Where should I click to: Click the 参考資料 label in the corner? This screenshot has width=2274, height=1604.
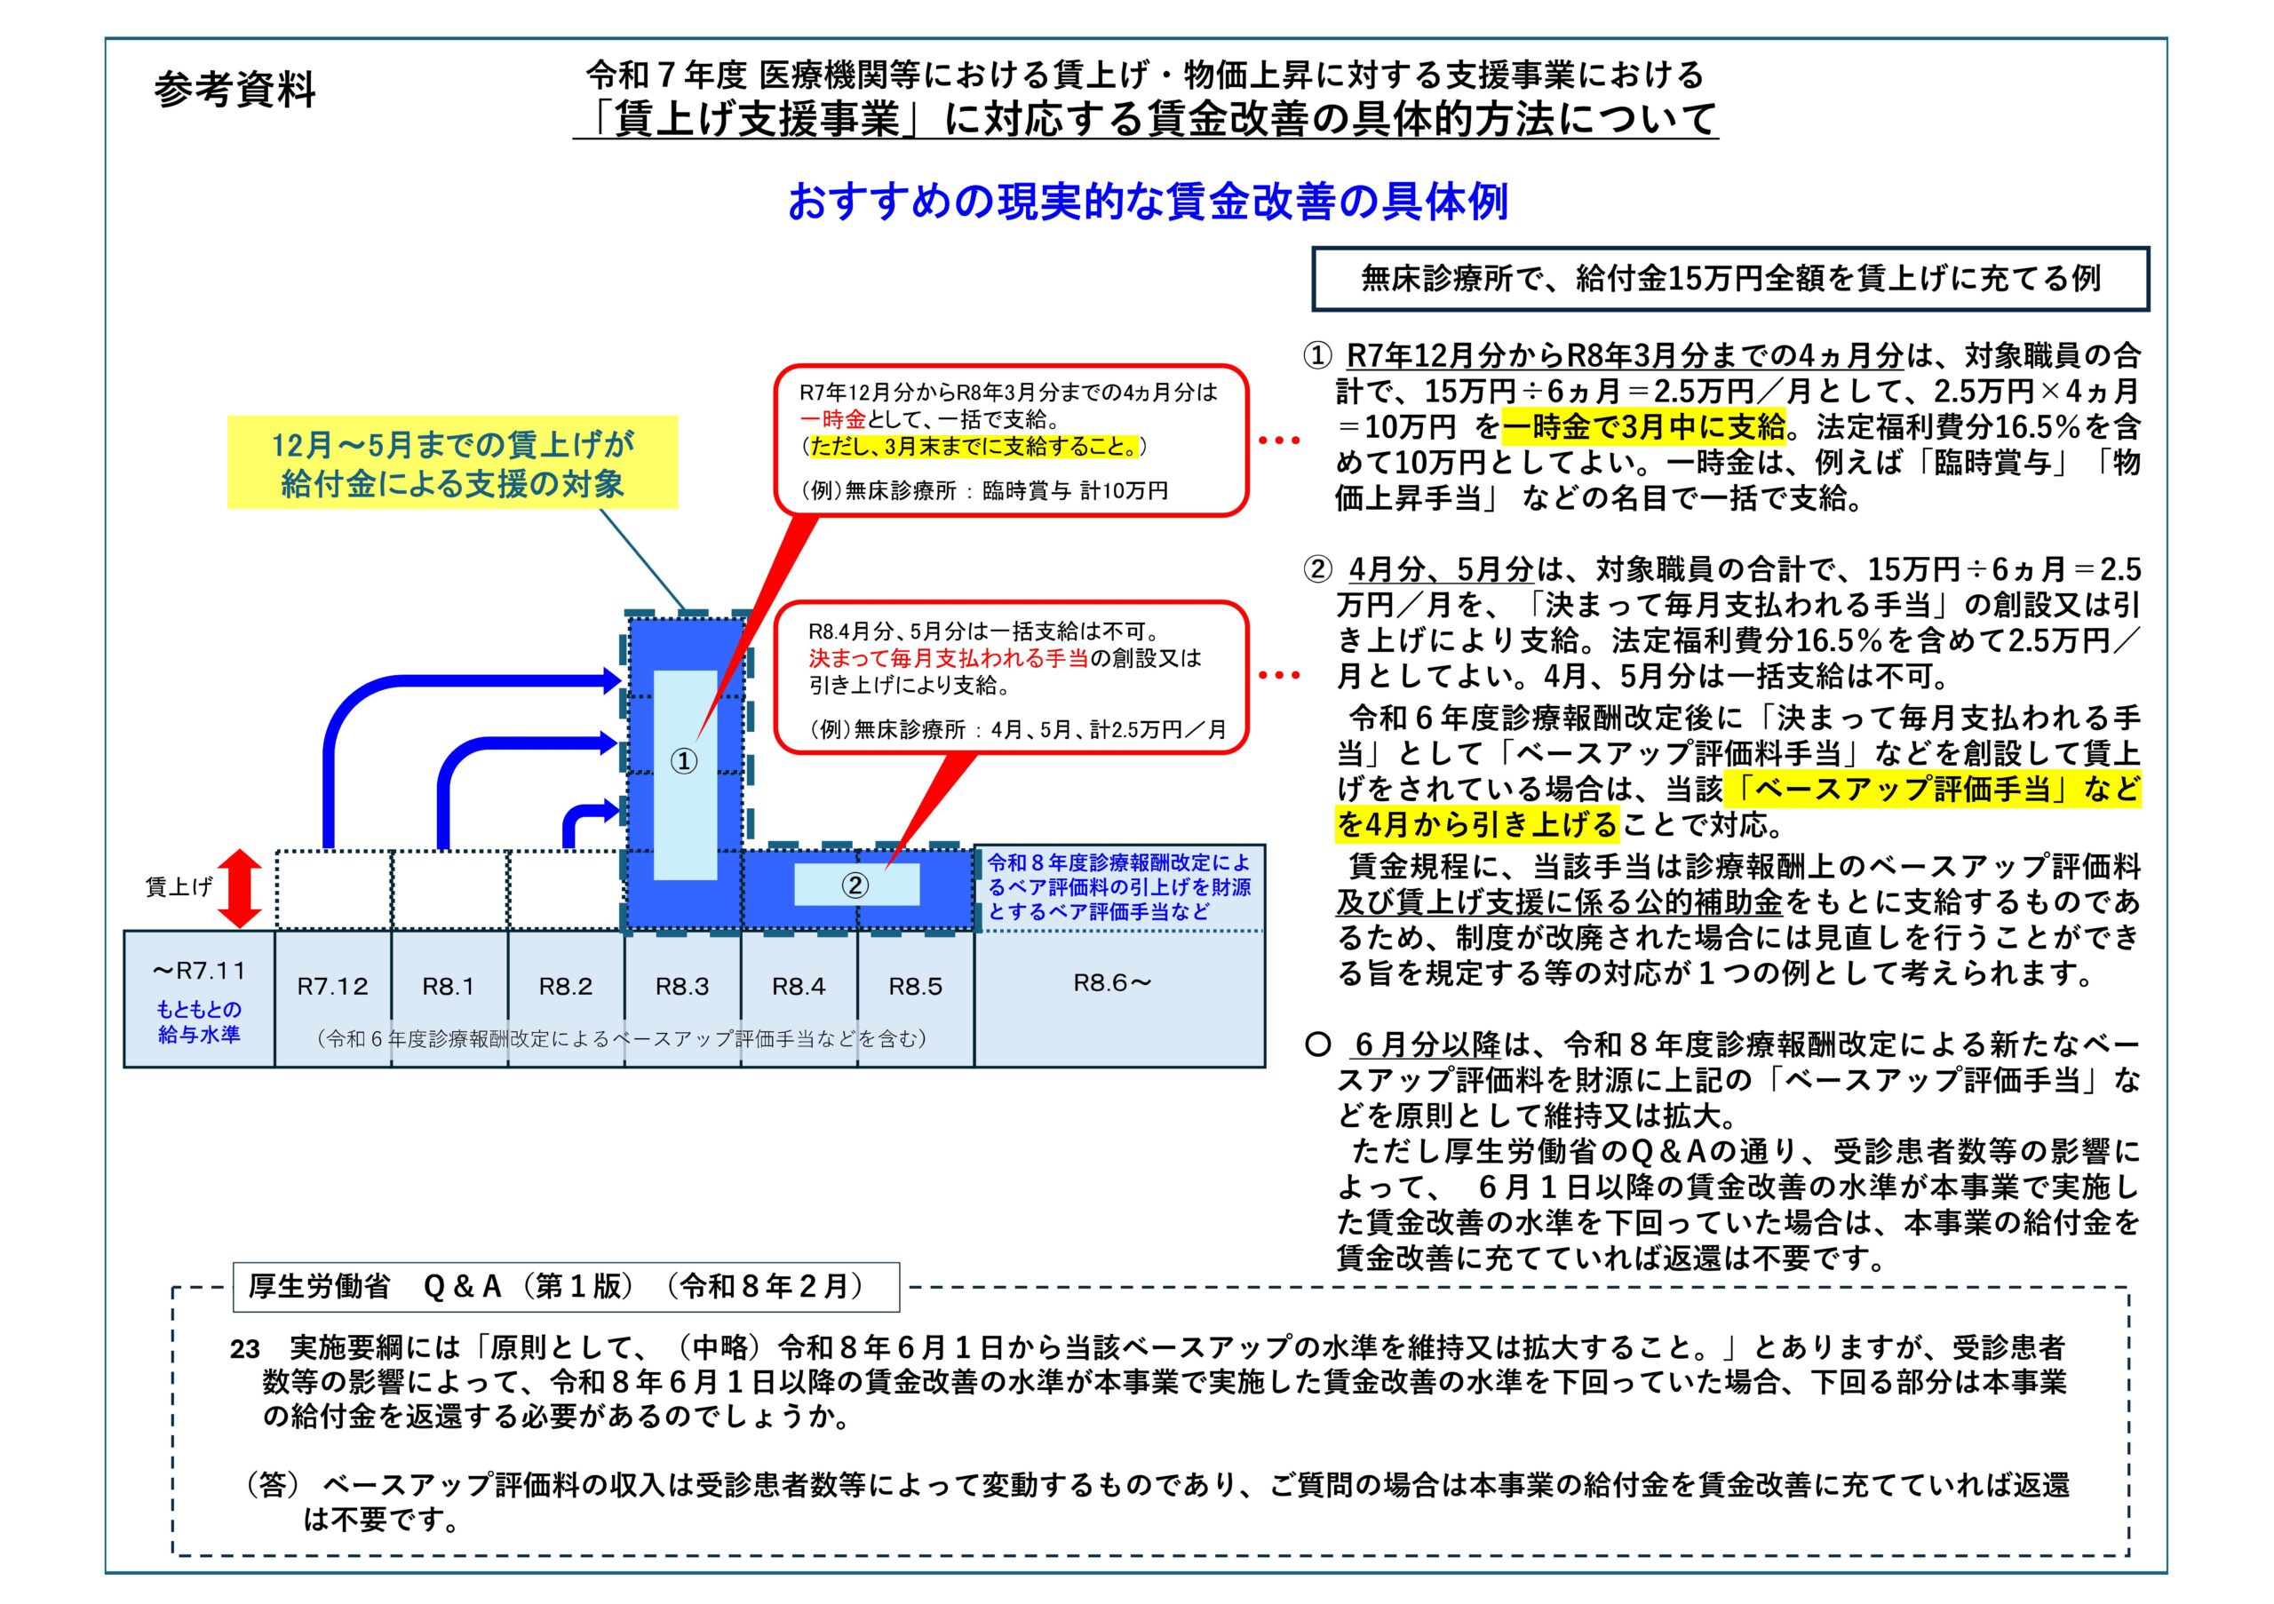(235, 90)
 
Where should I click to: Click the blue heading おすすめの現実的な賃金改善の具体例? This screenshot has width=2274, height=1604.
(1147, 202)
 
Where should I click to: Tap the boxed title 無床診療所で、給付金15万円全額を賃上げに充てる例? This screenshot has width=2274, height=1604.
(1730, 279)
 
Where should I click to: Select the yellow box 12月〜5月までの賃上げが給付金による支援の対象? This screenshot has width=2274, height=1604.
(453, 464)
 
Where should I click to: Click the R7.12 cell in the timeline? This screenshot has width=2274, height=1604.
(333, 986)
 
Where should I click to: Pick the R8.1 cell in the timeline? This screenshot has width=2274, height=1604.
(449, 986)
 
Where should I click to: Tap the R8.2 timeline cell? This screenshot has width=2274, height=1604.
(566, 986)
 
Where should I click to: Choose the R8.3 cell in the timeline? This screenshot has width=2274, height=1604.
(682, 986)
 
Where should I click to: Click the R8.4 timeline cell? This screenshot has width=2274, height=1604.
(799, 986)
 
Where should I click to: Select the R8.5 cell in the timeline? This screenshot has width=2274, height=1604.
(915, 986)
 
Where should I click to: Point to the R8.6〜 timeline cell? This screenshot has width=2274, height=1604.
(1113, 983)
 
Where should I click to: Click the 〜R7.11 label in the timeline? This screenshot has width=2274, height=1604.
(199, 971)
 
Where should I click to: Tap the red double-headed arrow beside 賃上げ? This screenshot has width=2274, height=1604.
(240, 888)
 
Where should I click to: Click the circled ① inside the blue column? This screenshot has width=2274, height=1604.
(684, 761)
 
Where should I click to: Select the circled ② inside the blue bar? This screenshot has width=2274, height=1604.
(855, 885)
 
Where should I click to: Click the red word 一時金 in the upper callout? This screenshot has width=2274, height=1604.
(833, 419)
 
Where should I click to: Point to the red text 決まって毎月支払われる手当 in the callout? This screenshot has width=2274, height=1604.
(948, 657)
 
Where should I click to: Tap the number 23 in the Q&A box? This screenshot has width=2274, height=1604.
(244, 1348)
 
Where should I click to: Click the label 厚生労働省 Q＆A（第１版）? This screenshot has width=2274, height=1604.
(566, 1286)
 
